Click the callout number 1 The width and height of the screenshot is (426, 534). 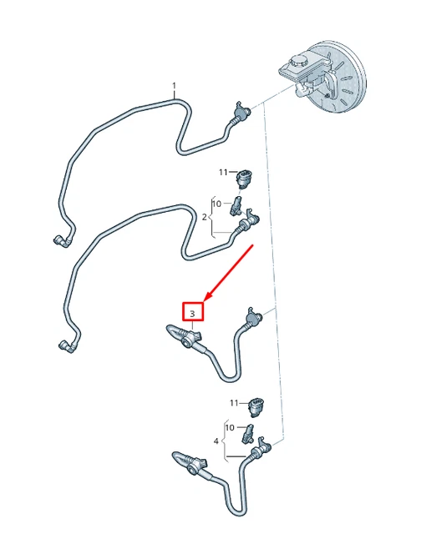[x=174, y=85]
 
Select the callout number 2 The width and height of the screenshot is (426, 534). [x=205, y=217]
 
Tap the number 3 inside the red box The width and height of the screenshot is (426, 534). [x=193, y=314]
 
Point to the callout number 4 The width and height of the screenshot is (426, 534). [x=216, y=441]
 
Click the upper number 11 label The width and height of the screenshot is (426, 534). [x=223, y=173]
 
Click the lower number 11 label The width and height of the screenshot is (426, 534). [x=234, y=403]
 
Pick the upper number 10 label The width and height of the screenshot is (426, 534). [x=216, y=204]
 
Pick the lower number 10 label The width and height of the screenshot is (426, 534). [x=230, y=427]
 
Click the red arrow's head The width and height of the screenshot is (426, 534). [x=208, y=297]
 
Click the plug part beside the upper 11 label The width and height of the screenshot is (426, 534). [x=245, y=179]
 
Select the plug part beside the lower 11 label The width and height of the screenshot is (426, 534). [x=256, y=407]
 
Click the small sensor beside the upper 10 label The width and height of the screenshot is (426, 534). [x=236, y=206]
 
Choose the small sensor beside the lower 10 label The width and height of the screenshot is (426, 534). [x=248, y=434]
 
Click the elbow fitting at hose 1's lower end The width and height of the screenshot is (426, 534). [x=62, y=241]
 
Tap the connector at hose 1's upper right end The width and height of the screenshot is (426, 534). [x=241, y=112]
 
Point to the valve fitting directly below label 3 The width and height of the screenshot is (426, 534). [x=191, y=338]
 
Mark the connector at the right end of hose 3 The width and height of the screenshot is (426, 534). [x=253, y=318]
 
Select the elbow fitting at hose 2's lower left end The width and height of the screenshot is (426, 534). [x=68, y=346]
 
